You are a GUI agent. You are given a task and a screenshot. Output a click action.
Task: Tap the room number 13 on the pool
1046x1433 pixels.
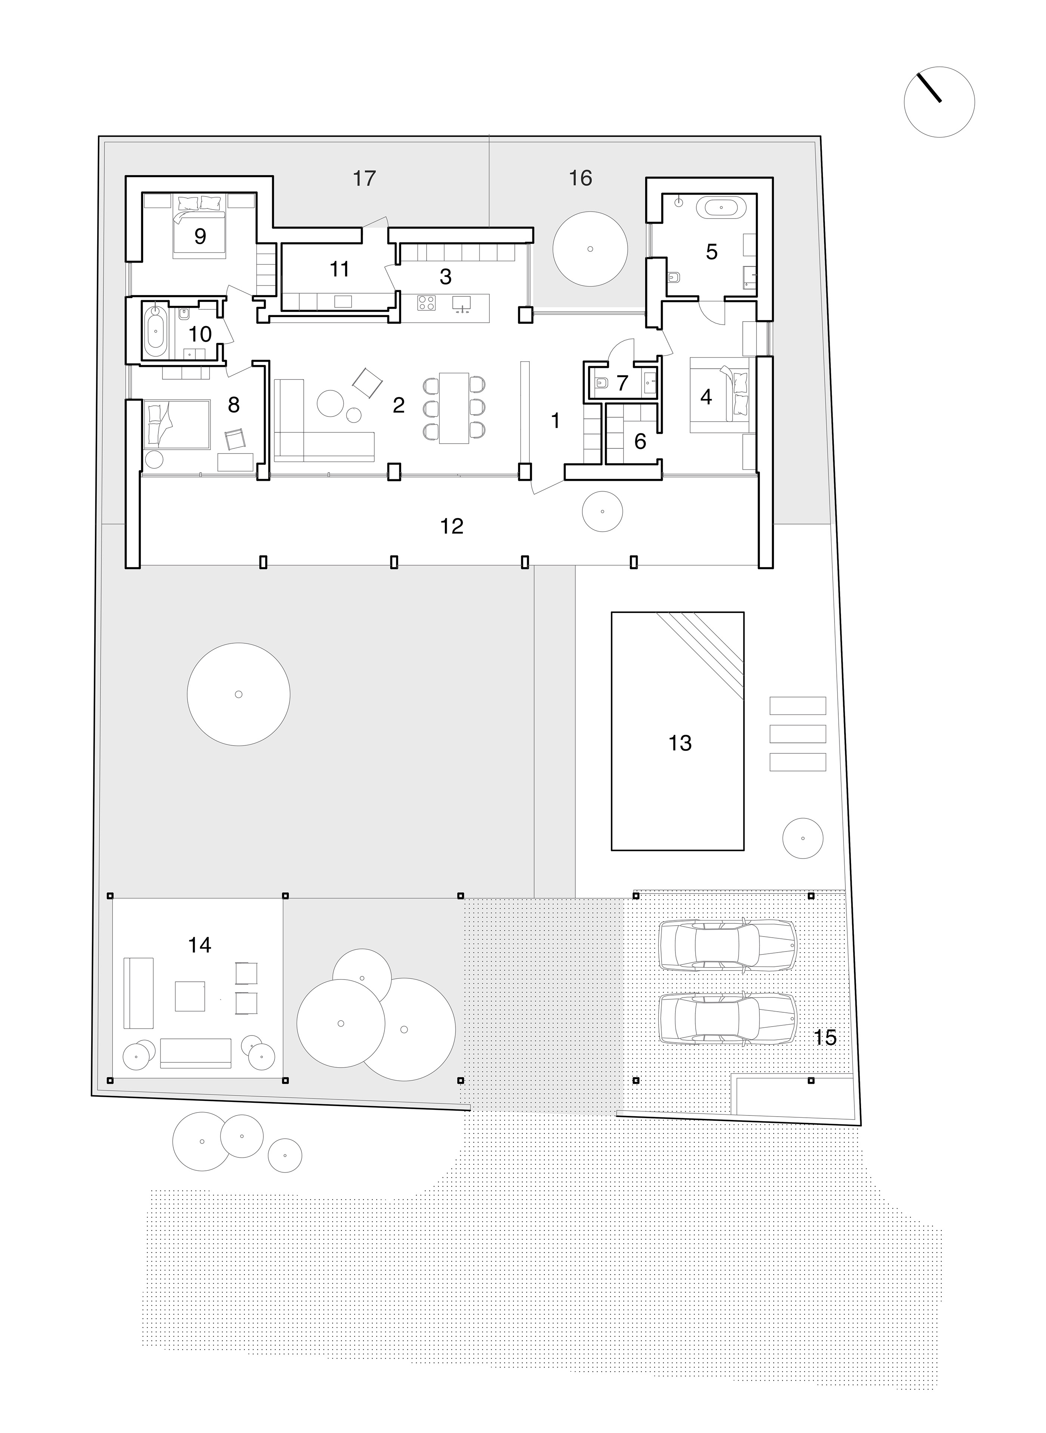point(680,743)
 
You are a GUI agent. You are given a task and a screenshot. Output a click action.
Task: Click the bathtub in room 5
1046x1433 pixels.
point(721,208)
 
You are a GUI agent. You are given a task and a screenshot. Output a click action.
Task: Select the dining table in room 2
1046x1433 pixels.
point(455,408)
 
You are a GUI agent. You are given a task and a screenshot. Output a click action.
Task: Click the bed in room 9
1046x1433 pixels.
point(200,225)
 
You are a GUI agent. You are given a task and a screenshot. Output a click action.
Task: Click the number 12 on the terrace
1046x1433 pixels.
point(451,526)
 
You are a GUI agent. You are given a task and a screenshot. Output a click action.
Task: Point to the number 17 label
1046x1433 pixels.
point(364,179)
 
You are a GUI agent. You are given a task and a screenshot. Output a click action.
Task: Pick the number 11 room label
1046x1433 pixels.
point(339,269)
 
